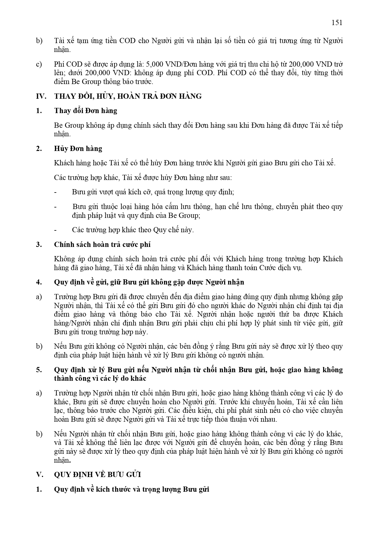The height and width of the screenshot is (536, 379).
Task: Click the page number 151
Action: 337,23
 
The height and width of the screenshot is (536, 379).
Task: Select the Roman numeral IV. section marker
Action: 41,96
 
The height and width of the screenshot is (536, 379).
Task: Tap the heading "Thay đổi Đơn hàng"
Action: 86,111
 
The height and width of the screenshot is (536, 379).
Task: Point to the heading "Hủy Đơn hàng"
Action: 78,149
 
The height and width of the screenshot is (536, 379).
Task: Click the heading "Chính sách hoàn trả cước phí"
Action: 102,244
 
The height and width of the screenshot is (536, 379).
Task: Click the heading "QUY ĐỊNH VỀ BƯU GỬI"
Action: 97,475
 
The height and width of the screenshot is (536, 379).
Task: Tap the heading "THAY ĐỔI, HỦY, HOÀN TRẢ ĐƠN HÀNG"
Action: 128,96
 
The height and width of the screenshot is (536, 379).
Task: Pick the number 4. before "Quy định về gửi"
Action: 39,282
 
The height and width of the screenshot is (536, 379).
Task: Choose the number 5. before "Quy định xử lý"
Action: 39,370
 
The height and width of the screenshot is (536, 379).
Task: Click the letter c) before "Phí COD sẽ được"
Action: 39,64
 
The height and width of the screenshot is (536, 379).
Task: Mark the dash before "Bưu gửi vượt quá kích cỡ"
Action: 55,192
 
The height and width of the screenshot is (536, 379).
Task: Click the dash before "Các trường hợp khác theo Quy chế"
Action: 55,230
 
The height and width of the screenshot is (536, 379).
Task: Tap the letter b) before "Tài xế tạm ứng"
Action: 39,41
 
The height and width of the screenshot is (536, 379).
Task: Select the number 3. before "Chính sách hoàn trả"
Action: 39,244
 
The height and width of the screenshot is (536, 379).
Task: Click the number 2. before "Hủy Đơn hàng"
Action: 39,149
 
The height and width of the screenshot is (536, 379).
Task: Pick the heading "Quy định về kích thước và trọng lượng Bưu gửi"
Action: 131,489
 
